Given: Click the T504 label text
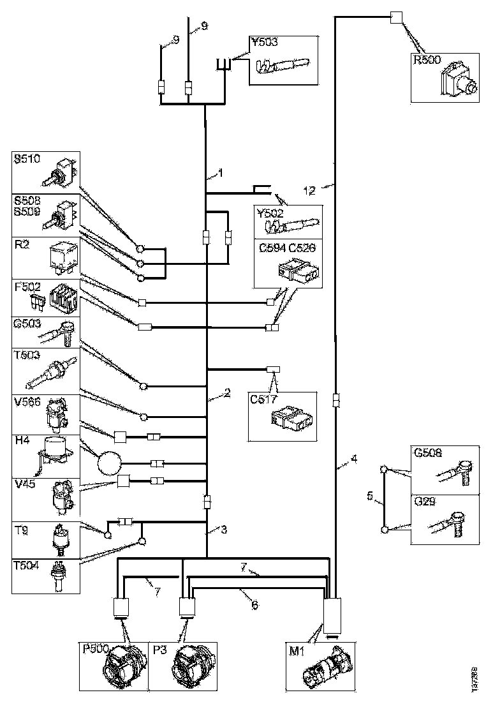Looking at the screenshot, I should coord(27,568).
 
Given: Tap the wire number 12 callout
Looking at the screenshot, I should coord(309,190).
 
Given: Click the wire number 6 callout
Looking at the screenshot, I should coord(254,604).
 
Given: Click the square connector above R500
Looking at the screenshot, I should coord(396,18).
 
